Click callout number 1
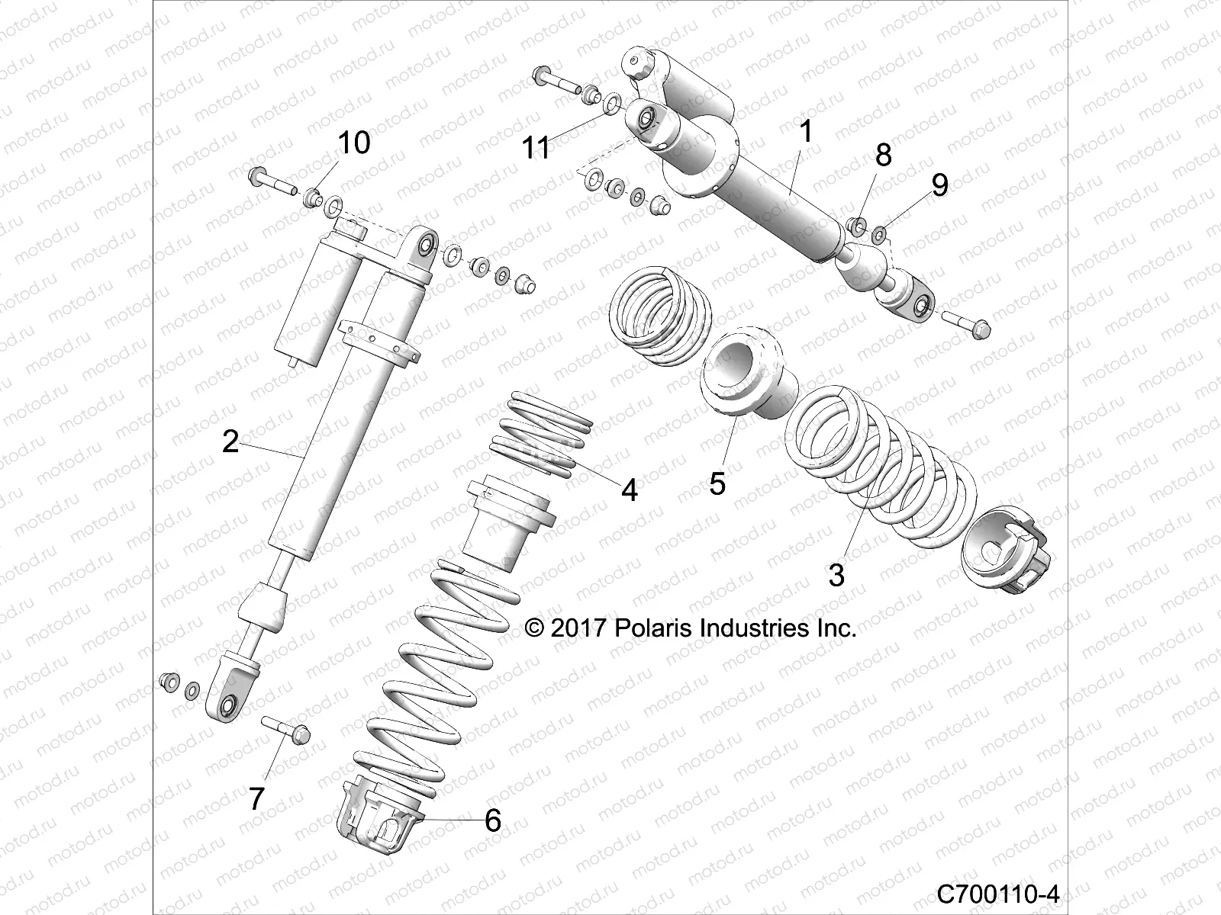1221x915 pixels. [806, 133]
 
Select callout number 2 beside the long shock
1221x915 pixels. [230, 441]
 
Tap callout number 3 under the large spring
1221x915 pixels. [836, 575]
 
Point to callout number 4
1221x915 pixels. [629, 490]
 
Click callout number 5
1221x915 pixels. [717, 483]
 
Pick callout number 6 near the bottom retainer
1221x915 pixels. [493, 821]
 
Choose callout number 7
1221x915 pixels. [256, 799]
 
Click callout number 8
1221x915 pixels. [883, 155]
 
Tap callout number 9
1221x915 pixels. [939, 185]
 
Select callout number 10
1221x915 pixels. [353, 143]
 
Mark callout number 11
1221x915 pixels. [536, 148]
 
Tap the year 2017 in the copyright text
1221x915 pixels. [578, 628]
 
